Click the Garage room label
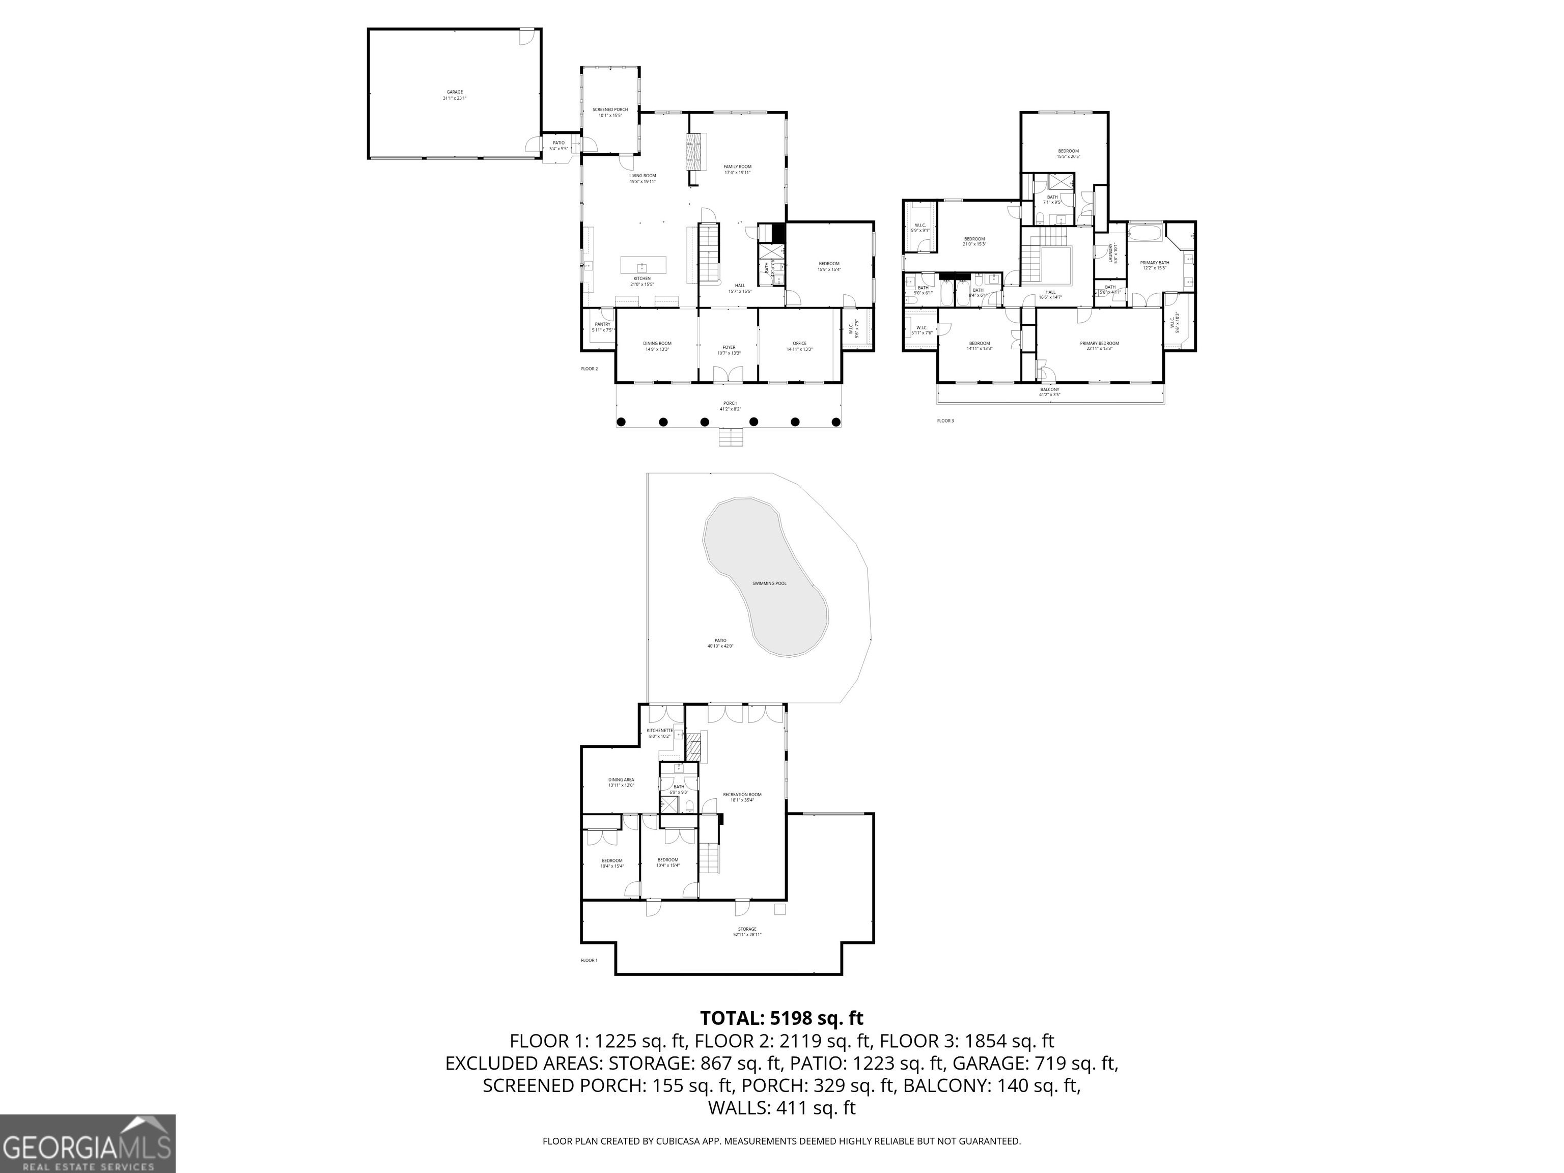pos(455,95)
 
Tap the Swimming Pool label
pos(769,583)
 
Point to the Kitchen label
pos(641,281)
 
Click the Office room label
pos(800,346)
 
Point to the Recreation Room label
pos(742,797)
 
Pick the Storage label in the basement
pos(747,931)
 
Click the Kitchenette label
pos(660,733)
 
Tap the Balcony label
pos(1049,392)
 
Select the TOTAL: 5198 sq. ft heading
pos(781,1018)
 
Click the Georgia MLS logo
pos(88,1143)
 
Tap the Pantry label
pos(602,327)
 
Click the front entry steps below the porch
pos(731,437)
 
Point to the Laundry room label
pos(1112,253)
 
